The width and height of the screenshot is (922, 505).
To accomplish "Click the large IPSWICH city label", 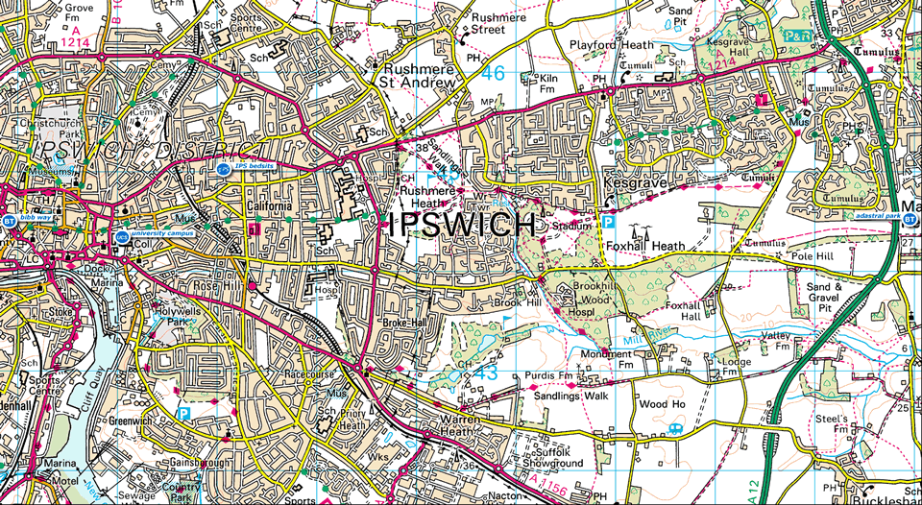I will [x=462, y=226].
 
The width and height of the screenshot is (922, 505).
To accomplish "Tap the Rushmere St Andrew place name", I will [x=418, y=77].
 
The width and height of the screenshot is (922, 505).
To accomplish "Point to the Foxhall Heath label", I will [x=644, y=246].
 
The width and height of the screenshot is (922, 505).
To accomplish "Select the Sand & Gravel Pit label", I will [x=826, y=293].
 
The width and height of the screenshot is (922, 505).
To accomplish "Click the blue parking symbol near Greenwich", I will [x=182, y=413].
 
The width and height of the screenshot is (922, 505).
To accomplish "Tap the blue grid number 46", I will [x=494, y=72].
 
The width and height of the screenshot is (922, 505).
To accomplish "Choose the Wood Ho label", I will [x=663, y=404].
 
